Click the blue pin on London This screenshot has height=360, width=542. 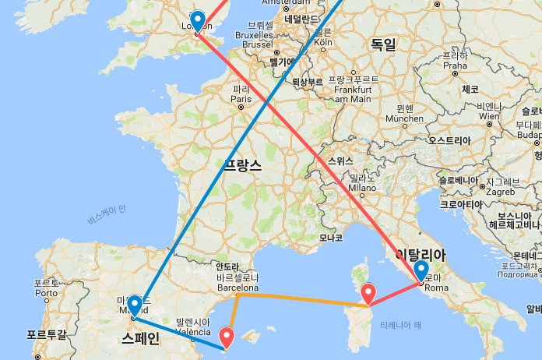(198, 20)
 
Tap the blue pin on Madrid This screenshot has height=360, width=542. (135, 304)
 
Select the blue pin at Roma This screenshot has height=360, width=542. (421, 270)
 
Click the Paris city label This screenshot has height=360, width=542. (240, 99)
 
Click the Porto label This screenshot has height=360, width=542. (45, 293)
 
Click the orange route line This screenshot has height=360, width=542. (296, 299)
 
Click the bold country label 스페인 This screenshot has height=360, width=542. (140, 337)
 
